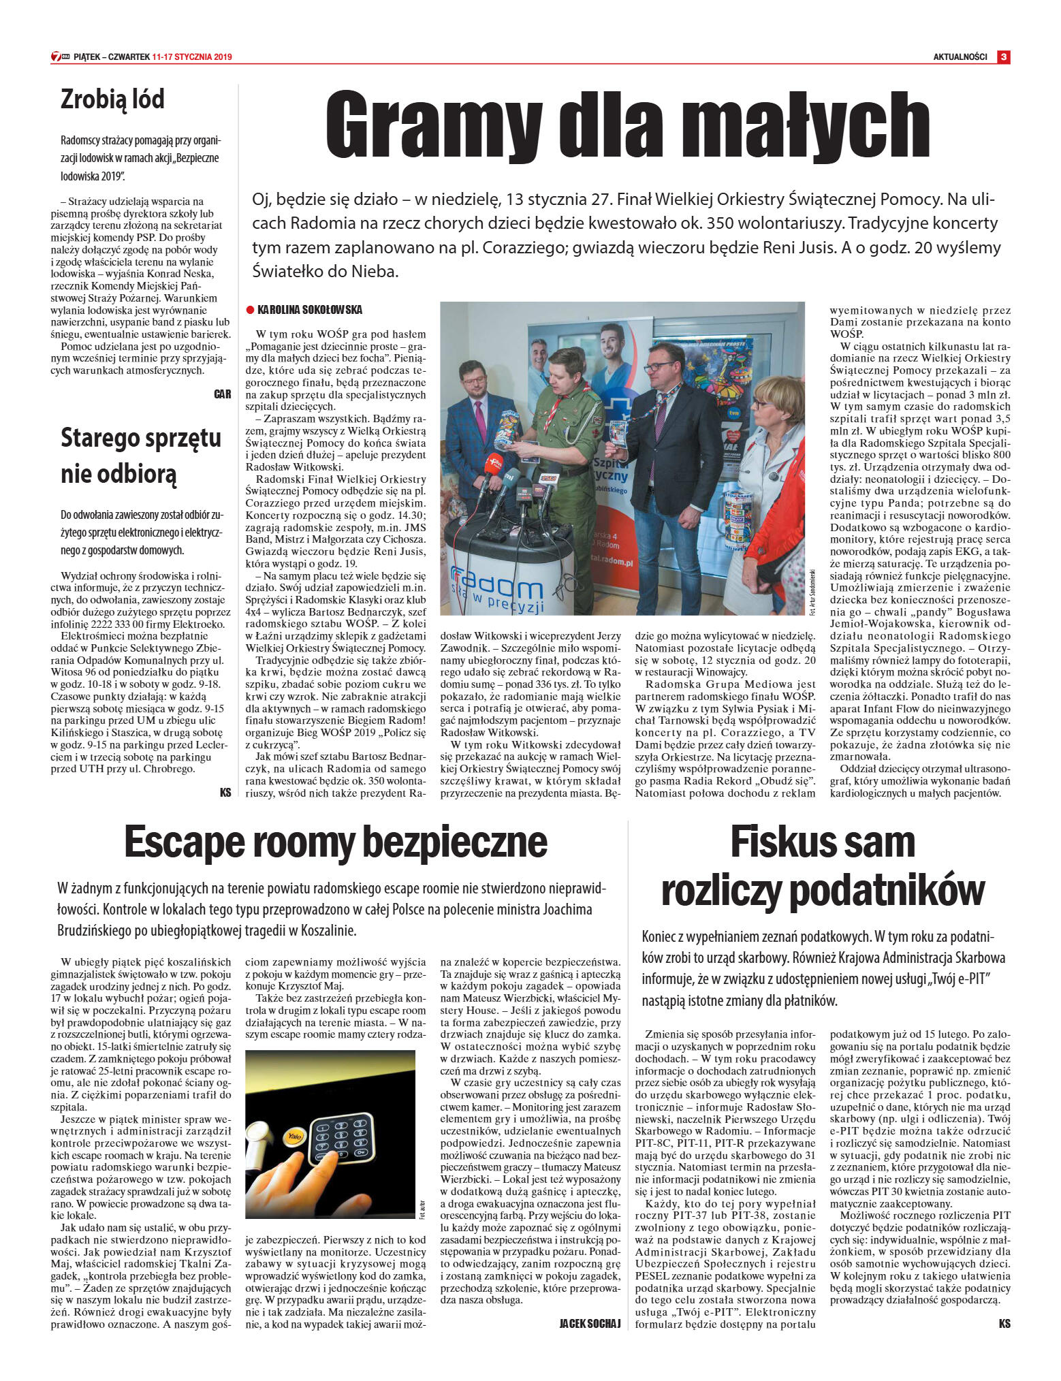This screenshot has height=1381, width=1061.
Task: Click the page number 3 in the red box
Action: tap(1003, 57)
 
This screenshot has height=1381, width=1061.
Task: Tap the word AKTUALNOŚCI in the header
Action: tap(960, 57)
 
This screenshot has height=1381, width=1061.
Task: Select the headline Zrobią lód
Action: tap(112, 99)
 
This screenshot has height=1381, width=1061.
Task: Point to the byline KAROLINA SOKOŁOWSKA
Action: tap(310, 310)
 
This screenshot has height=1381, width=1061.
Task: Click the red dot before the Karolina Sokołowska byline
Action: tap(251, 311)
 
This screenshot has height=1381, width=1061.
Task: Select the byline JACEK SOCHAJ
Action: tap(590, 1324)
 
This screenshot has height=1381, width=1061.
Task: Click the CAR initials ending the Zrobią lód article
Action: tap(222, 394)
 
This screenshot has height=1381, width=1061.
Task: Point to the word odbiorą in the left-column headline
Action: tap(118, 473)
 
